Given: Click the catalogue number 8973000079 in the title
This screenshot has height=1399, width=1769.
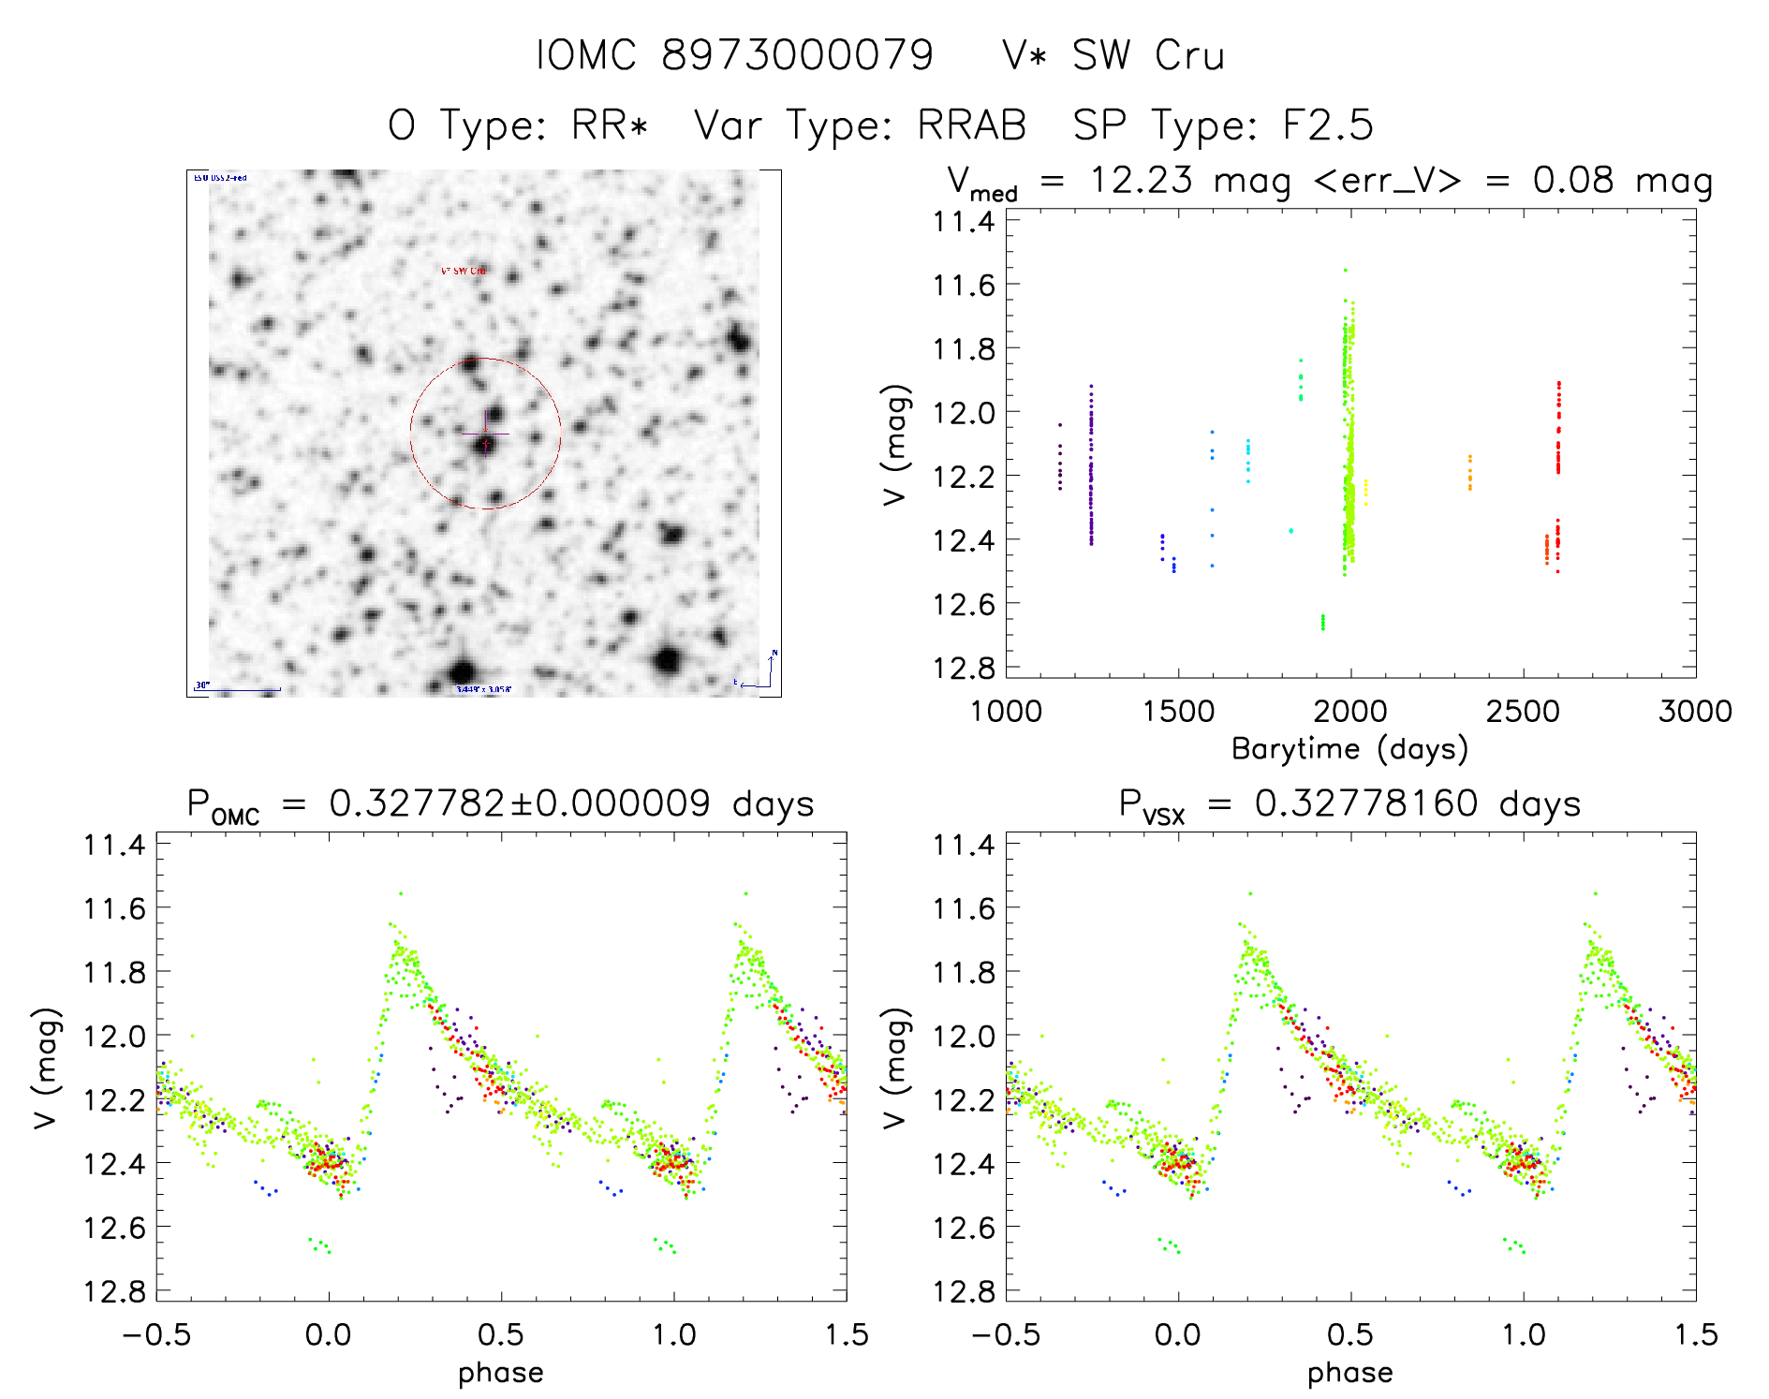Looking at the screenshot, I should tap(797, 55).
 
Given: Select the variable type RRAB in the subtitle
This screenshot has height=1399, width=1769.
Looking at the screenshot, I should tap(972, 125).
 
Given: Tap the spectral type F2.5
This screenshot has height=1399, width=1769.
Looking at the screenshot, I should tap(1327, 125).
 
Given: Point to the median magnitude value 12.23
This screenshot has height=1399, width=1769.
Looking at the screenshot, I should tap(1141, 180).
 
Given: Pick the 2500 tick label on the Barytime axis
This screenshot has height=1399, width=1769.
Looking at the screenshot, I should tap(1523, 711).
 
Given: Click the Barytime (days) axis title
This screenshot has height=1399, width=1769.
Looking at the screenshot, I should tap(1349, 749).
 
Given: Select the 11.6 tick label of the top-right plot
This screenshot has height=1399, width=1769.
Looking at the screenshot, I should tap(964, 285).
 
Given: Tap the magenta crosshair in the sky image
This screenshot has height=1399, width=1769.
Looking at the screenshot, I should tap(485, 434).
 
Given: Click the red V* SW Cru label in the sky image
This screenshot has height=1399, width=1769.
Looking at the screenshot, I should tap(464, 271).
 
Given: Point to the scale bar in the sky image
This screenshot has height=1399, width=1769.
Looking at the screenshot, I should tap(238, 690).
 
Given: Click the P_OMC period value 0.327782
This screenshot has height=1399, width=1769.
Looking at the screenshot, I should tap(416, 803).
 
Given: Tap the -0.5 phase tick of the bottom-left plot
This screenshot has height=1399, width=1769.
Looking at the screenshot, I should tap(156, 1334).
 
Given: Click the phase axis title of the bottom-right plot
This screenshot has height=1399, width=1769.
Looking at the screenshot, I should tap(1349, 1373).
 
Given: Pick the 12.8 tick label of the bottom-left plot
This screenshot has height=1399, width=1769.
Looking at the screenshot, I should tap(114, 1291).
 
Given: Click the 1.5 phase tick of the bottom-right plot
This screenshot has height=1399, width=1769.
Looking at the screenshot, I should tap(1695, 1334).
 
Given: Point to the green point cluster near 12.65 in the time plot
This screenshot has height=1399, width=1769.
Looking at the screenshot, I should tap(1322, 622).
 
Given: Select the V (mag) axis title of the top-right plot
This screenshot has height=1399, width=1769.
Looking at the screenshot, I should tap(895, 444).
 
